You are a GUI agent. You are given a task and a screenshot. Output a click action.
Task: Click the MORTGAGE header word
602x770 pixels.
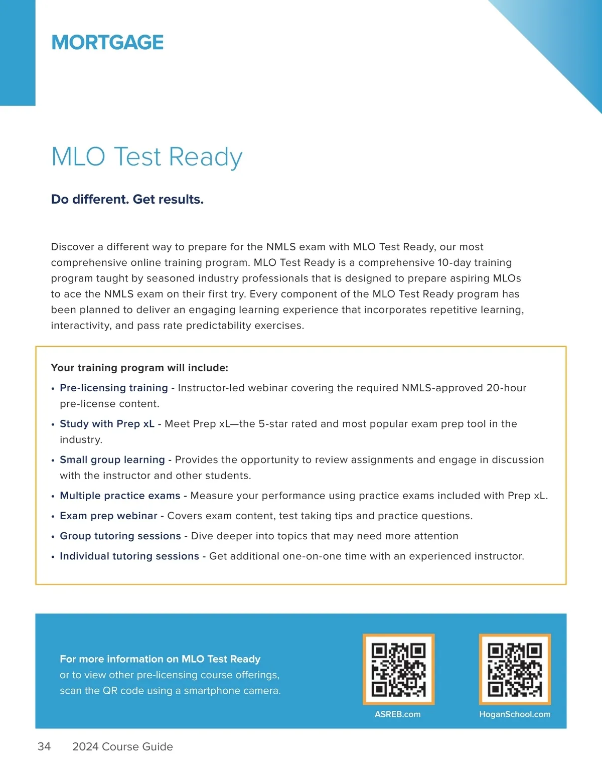[x=107, y=43]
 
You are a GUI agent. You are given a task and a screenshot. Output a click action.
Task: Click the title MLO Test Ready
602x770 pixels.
[x=146, y=157]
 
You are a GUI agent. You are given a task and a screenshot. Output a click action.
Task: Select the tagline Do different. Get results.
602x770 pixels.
[x=127, y=200]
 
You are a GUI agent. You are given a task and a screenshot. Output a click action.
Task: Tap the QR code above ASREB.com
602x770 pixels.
[x=398, y=669]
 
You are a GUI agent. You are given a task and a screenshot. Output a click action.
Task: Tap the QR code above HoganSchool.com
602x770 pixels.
[x=515, y=669]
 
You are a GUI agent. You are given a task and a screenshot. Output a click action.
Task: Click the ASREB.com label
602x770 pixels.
[x=397, y=714]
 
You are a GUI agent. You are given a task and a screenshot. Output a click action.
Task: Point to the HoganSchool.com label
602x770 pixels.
[x=515, y=714]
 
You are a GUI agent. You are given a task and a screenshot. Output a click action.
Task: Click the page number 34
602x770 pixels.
[x=44, y=746]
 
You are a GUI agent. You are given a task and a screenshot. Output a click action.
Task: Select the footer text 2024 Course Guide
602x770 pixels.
[x=122, y=746]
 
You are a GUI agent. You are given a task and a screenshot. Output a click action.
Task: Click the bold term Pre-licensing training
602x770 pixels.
[x=114, y=388]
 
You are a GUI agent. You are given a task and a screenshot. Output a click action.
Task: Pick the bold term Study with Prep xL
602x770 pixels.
[x=107, y=424]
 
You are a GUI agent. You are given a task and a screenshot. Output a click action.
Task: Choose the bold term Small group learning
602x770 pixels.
[x=112, y=460]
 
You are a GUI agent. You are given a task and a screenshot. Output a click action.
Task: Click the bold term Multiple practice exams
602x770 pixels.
[x=120, y=496]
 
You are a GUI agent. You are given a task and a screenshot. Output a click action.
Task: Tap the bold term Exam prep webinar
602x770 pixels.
[x=108, y=516]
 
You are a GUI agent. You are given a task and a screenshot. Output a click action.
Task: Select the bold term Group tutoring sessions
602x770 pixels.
[x=120, y=536]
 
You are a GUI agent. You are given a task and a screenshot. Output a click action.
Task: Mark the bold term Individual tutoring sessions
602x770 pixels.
[x=129, y=556]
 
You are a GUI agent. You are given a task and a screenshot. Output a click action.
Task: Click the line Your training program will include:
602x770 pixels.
[x=139, y=368]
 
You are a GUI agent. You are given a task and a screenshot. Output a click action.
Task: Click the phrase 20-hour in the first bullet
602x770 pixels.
[x=506, y=388]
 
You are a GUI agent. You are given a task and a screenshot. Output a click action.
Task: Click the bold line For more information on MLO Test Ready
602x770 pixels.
[x=160, y=659]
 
